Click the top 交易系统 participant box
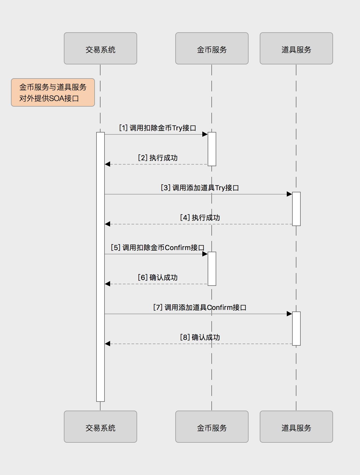(100, 48)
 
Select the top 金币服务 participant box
(212, 48)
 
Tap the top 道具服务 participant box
(296, 48)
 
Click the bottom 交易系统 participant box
(100, 427)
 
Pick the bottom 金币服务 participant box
(212, 427)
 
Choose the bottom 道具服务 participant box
(296, 427)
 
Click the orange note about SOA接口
(53, 92)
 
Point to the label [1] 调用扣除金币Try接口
(157, 128)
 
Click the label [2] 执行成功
(158, 158)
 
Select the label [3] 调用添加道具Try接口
(200, 188)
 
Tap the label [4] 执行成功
(200, 218)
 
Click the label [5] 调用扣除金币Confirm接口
(157, 248)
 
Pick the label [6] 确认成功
(158, 278)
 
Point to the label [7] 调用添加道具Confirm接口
(200, 307)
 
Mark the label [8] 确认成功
(200, 337)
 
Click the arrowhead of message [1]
(205, 134)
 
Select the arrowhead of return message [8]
(107, 344)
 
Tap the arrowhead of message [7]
(289, 314)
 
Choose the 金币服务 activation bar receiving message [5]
(212, 268)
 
